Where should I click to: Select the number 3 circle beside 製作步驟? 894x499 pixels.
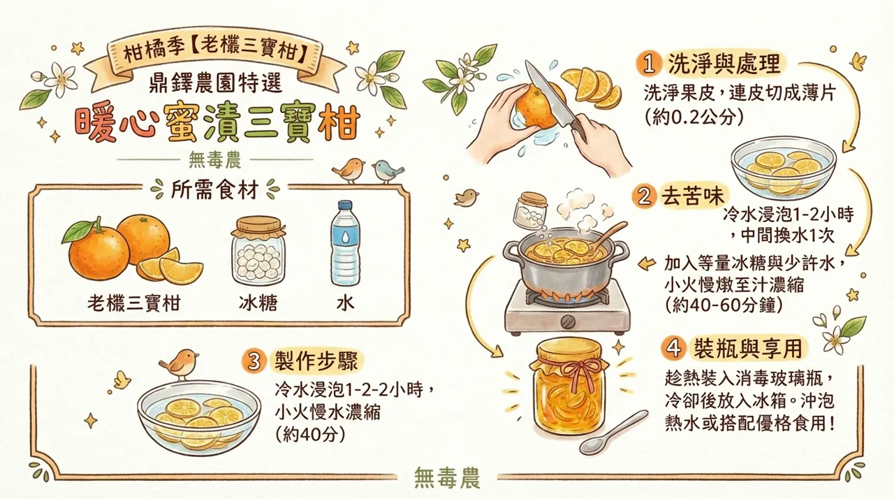pyautogui.click(x=255, y=361)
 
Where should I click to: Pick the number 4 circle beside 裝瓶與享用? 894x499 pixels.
pyautogui.click(x=673, y=347)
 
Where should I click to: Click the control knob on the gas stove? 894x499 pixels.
pyautogui.click(x=568, y=321)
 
